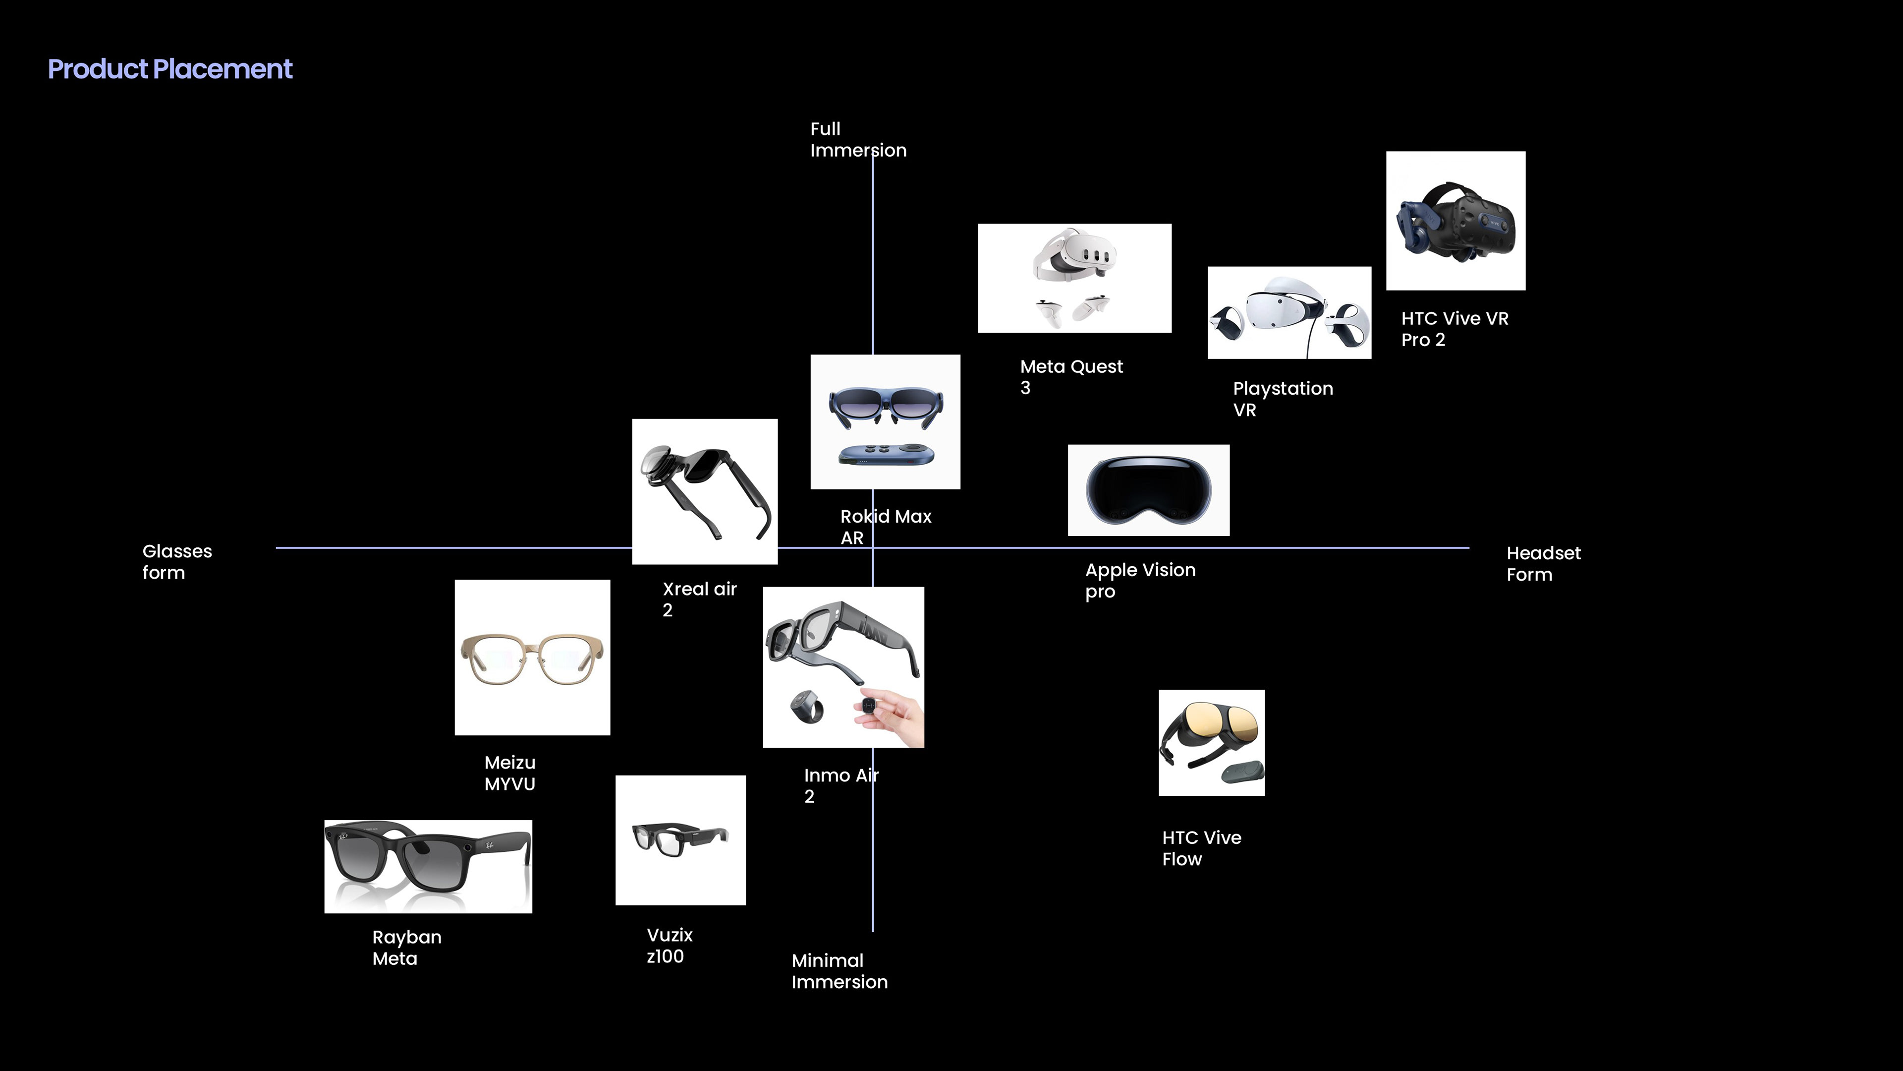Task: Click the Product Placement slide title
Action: point(170,69)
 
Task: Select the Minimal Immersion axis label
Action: point(839,971)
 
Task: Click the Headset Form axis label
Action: point(1543,563)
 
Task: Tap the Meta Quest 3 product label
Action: point(1070,377)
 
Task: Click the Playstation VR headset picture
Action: point(1288,313)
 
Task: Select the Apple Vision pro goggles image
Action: point(1148,490)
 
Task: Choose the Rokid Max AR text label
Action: point(885,526)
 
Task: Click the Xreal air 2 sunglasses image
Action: point(704,491)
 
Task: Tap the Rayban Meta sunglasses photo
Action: point(428,866)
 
